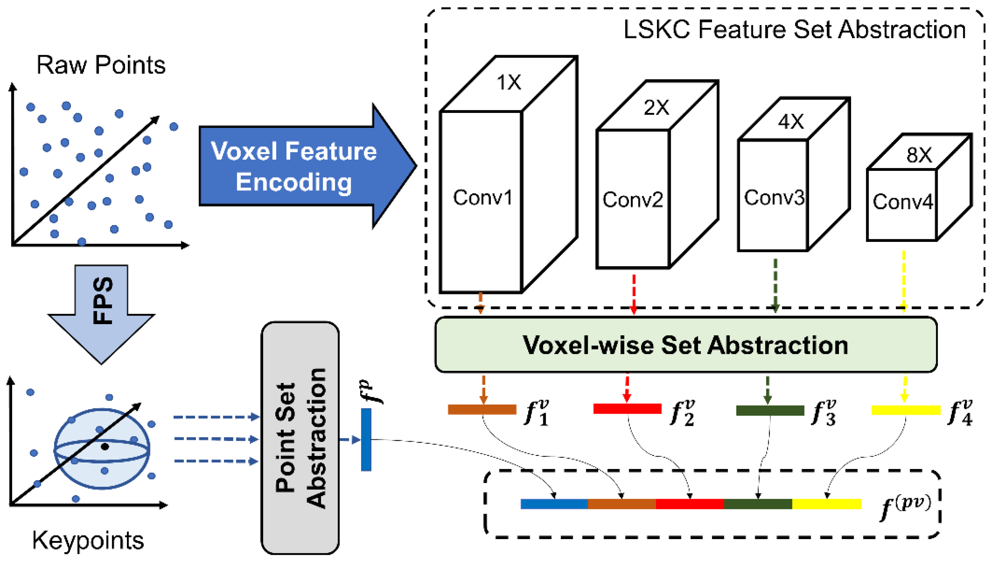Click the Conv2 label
(x=632, y=200)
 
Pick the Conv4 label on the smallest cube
(x=903, y=202)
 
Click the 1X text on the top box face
(x=509, y=82)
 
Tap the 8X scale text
(x=919, y=155)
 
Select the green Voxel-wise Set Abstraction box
(x=685, y=345)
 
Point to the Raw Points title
(x=101, y=65)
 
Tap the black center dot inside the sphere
(x=105, y=447)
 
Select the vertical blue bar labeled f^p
(x=366, y=439)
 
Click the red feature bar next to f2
(x=627, y=409)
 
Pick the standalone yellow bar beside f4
(x=906, y=410)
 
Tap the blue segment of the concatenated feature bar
(x=554, y=504)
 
